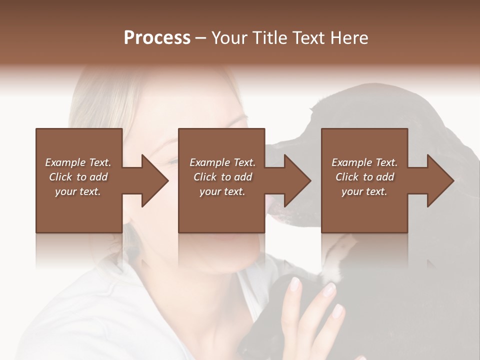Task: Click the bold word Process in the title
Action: click(157, 38)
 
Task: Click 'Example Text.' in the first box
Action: click(78, 162)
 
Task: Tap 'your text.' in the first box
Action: click(78, 191)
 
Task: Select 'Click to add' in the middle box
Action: click(222, 177)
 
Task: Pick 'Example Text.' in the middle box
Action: click(222, 162)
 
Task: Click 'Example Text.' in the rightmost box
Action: click(364, 162)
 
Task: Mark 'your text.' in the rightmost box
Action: click(364, 191)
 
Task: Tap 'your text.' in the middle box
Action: click(222, 191)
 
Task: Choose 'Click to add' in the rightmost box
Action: click(364, 177)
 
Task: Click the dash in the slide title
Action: click(201, 38)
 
